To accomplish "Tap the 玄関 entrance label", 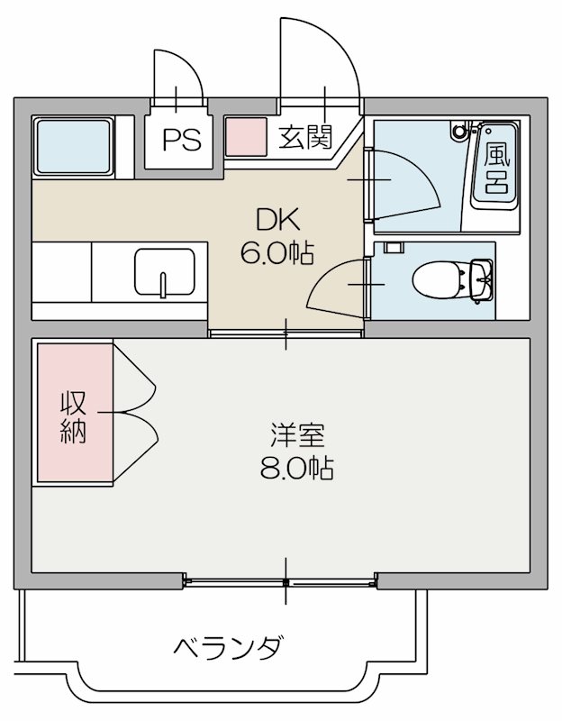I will (x=304, y=138).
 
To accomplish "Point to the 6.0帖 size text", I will (x=276, y=253).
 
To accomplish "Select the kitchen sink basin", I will (x=165, y=273).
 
